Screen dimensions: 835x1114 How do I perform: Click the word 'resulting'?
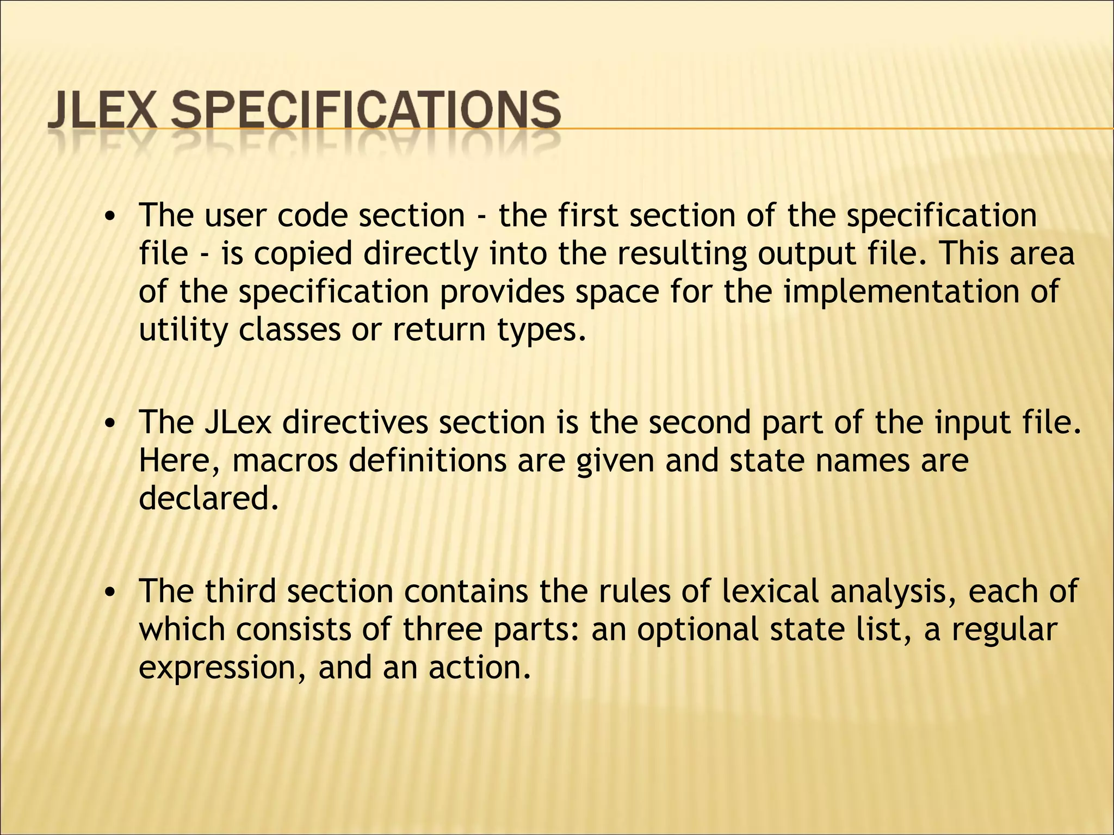pos(682,254)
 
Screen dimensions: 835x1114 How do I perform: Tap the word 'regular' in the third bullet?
pos(1004,630)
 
